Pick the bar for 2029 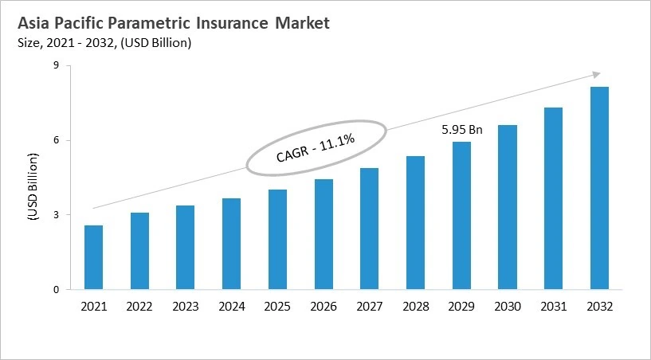(461, 215)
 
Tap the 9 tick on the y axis (57, 66)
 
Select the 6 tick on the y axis (57, 140)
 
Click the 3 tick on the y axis (57, 215)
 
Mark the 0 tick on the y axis (57, 290)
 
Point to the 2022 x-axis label (139, 307)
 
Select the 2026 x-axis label (324, 307)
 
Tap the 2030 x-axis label (508, 307)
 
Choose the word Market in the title (302, 24)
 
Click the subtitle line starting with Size (104, 43)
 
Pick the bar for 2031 (554, 198)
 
